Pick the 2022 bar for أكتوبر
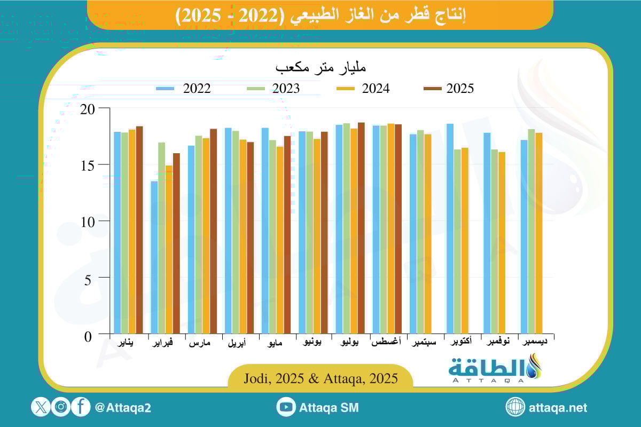[449, 230]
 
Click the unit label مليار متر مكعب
[320, 68]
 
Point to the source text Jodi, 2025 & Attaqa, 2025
[320, 378]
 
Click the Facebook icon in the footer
[81, 407]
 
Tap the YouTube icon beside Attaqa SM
[286, 407]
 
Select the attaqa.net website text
[558, 407]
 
